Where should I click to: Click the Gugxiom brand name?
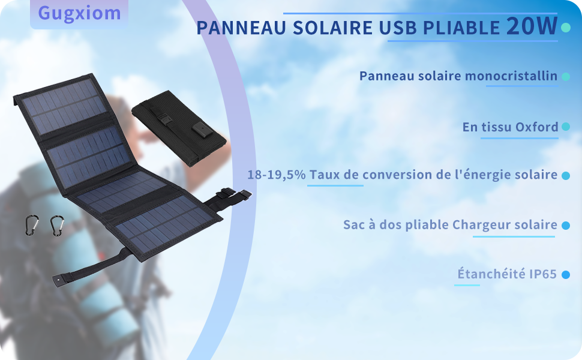tap(79, 13)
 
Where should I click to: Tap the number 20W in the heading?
tap(532, 27)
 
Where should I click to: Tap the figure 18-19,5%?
tap(277, 175)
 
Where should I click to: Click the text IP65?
tap(543, 274)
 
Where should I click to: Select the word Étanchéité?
tap(490, 274)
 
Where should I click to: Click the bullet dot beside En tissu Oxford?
tap(565, 127)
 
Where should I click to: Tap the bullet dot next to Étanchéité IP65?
tap(565, 275)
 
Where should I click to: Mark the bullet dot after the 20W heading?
tap(565, 28)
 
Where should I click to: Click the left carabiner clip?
tap(31, 226)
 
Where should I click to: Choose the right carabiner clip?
tap(58, 226)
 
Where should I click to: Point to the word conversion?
tap(395, 175)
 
